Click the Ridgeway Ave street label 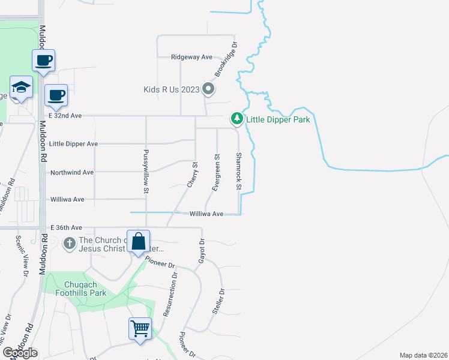191,57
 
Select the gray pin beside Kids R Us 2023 208,90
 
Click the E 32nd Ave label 64,115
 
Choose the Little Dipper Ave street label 73,144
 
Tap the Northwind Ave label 71,172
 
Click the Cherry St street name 191,175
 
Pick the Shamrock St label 238,172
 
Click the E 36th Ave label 66,228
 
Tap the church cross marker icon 69,244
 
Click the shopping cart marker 140,328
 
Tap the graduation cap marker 21,88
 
